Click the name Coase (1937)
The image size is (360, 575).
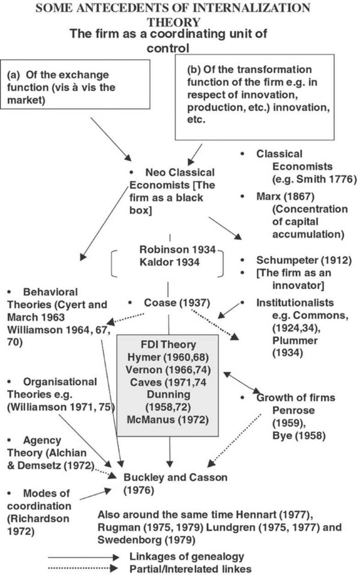[x=177, y=303]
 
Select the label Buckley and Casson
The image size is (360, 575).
[x=175, y=477]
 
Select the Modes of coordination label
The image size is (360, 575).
[x=46, y=493]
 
